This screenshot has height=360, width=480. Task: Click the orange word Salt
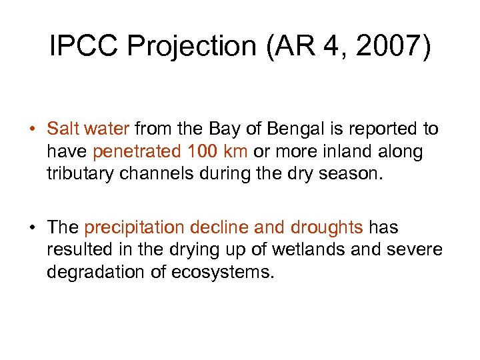[62, 129]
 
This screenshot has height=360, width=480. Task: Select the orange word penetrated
[137, 152]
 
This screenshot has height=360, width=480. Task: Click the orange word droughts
[327, 228]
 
